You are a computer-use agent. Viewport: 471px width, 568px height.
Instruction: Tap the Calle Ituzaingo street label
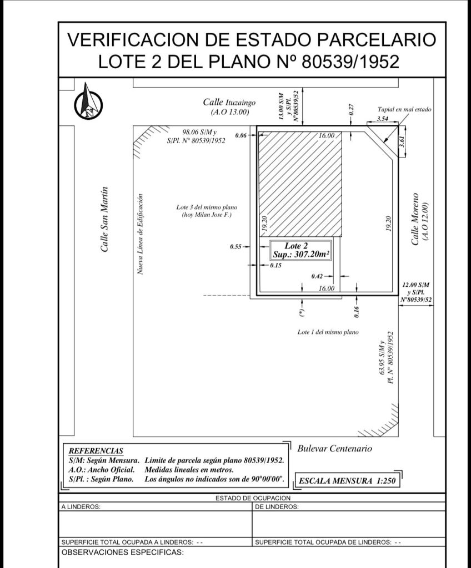coord(229,102)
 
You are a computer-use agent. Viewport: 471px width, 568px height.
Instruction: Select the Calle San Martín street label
coord(104,219)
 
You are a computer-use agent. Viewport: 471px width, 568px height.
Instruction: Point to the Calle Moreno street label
coord(415,219)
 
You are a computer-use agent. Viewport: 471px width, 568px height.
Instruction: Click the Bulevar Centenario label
coord(334,448)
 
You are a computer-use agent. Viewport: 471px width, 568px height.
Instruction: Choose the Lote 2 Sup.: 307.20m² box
coord(300,250)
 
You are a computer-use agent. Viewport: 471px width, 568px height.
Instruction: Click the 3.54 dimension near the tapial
coord(383,119)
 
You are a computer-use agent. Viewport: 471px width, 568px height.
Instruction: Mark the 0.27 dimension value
coord(351,110)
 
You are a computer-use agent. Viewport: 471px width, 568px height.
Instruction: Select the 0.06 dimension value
coord(241,135)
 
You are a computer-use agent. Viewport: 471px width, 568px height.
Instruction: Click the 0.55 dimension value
coord(236,247)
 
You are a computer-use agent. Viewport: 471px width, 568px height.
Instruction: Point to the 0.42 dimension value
coord(317,276)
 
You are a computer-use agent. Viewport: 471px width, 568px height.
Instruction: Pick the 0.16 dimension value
coord(357,312)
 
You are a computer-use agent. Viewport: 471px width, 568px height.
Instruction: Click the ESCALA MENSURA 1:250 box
coord(347,481)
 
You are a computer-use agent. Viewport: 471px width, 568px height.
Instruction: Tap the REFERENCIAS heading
coord(96,451)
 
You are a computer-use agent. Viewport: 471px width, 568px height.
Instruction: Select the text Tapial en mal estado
coord(404,109)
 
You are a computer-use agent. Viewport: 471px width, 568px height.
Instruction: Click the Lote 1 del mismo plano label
coord(328,332)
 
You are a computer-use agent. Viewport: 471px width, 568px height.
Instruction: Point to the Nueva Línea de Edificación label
coord(141,234)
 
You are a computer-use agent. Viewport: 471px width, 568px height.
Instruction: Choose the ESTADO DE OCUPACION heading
coord(253,498)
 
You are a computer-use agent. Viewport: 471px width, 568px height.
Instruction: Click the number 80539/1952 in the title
coord(350,61)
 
